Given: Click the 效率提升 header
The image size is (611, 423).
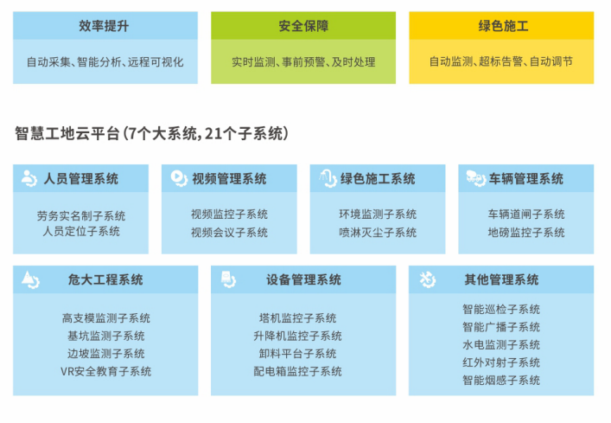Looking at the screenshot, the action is pos(104,26).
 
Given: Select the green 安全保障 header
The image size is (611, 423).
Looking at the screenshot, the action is pos(303,26).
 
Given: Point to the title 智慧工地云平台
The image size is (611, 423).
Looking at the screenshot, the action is pos(67,134).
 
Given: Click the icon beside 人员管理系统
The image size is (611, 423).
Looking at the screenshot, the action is pos(29,178).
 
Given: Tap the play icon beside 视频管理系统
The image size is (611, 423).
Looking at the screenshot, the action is pos(179,178).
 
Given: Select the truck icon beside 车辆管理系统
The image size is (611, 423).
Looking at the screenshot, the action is pos(476,178).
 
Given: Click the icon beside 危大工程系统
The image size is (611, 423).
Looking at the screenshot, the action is pos(31,279).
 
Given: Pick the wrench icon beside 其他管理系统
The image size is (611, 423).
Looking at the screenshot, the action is pos(428,279).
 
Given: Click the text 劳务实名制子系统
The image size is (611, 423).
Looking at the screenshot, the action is pos(81,216).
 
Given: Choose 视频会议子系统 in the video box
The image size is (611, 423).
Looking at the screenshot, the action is pos(229,233).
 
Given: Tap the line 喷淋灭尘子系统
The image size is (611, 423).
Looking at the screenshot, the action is pos(378,233).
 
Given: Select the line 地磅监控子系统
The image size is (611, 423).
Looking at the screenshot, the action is pos(526,233).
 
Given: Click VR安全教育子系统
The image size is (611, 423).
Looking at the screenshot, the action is pos(105,372).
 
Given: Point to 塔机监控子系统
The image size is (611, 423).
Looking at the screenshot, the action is pos(297,318).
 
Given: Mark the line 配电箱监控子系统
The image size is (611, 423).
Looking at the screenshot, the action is pos(297,372).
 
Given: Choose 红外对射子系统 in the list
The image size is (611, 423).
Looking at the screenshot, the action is pos(501,362).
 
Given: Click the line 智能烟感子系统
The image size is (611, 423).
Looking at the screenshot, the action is pos(501,380).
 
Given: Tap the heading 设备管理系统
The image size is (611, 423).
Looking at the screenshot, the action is pos(303,279).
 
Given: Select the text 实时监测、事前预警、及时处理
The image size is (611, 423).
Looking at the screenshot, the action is pos(303,62).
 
